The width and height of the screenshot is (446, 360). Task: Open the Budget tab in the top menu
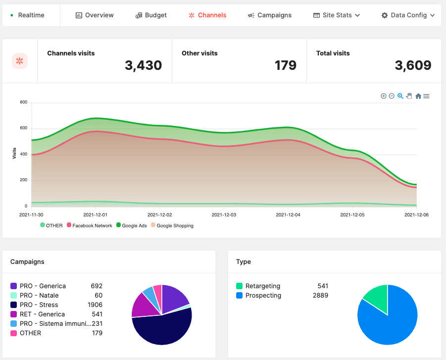(151, 15)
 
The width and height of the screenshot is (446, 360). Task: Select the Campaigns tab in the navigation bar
(270, 15)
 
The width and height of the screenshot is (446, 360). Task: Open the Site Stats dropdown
(337, 15)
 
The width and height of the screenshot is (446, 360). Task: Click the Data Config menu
(408, 15)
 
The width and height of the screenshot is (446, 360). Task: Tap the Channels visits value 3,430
(143, 65)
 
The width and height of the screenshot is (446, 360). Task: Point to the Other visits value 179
(285, 65)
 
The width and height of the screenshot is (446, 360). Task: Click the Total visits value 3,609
(413, 65)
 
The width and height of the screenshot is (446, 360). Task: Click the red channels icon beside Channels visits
(20, 61)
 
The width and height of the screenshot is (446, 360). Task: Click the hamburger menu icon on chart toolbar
(426, 96)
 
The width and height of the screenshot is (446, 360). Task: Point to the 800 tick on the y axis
(23, 103)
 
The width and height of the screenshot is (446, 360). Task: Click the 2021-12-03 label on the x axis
(224, 215)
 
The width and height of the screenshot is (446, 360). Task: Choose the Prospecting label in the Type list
(263, 295)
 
